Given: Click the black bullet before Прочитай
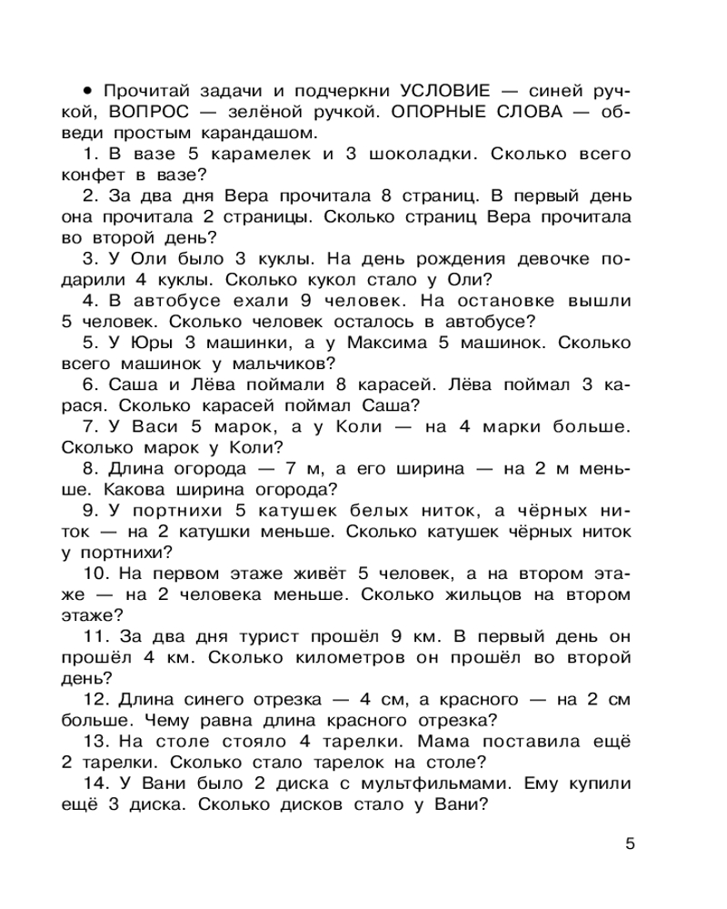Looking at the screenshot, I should coord(88,91).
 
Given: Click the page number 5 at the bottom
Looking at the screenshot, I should coord(630,843).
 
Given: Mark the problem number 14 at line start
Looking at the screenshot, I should coord(94,784).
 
